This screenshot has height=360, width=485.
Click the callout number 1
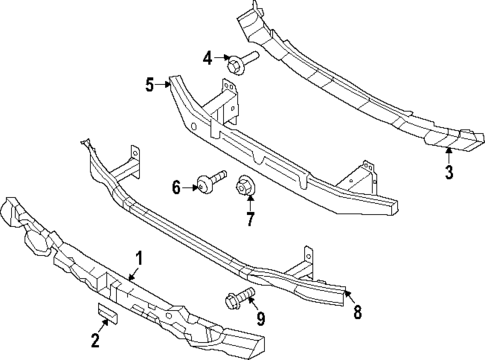point(139,258)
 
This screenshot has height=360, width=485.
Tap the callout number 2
point(96,341)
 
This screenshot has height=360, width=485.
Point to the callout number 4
point(207,57)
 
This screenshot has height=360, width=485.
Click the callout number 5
point(149,85)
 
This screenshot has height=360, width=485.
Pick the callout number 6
point(176,186)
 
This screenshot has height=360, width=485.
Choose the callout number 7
point(251,218)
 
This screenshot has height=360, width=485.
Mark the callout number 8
point(357,311)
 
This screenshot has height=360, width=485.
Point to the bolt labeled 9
point(238,296)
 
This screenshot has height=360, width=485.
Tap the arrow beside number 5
point(163,84)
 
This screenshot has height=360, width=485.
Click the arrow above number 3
point(448,155)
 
